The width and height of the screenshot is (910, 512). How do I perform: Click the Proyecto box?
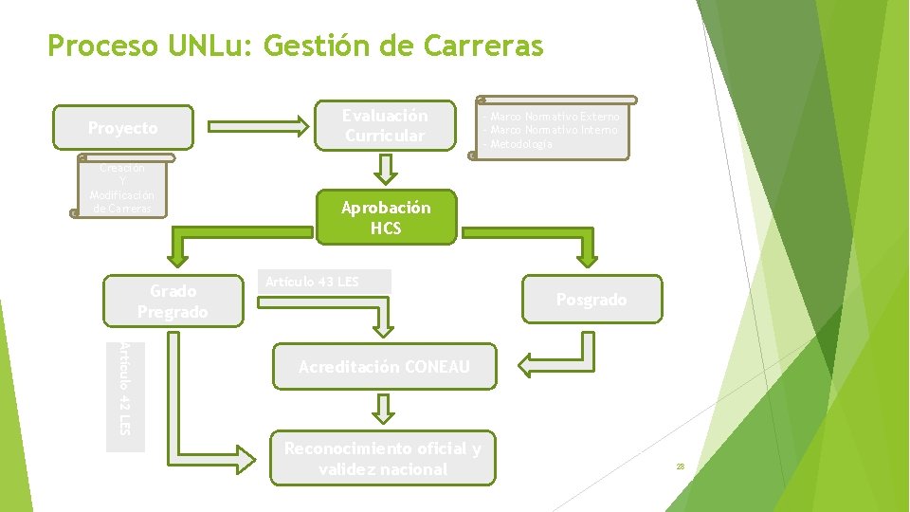coord(123,128)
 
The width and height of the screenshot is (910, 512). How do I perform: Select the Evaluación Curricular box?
coord(385,125)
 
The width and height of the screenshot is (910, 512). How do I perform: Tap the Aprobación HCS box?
coord(385,218)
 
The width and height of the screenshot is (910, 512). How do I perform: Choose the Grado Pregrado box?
coord(173,301)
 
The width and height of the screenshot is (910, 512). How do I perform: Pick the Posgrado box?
coord(591,300)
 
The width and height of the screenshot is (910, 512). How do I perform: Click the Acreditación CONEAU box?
coord(384,367)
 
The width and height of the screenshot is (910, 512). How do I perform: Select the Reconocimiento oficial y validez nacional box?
coord(384,459)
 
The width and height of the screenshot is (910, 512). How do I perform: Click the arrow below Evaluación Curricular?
coord(385,169)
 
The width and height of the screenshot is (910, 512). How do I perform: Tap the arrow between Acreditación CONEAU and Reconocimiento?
coord(382,409)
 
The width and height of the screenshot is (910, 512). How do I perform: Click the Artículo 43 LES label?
coord(313,282)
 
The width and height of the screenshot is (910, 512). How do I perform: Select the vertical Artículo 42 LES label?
coord(125,390)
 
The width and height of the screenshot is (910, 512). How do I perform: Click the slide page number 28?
coord(680,466)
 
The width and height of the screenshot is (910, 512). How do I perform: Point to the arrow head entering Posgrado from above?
coord(589,256)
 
